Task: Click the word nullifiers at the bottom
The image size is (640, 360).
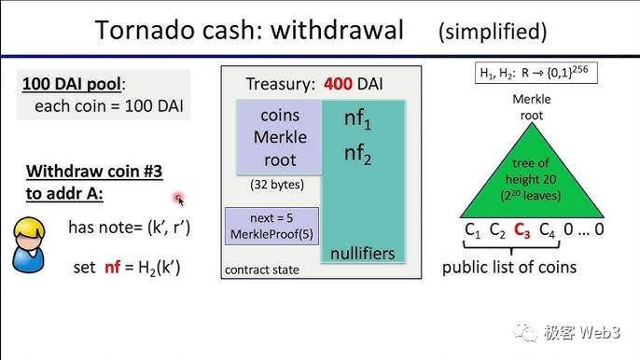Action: tap(362, 253)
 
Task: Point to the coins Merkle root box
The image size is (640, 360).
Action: tap(280, 137)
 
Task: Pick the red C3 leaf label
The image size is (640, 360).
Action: tap(522, 229)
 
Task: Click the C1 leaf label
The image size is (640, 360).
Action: tap(473, 229)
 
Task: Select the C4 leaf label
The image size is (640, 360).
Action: tap(547, 229)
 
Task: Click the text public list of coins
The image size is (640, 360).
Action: tap(509, 268)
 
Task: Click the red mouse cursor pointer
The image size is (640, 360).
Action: tap(178, 199)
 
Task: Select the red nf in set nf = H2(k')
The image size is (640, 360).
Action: tap(112, 268)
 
